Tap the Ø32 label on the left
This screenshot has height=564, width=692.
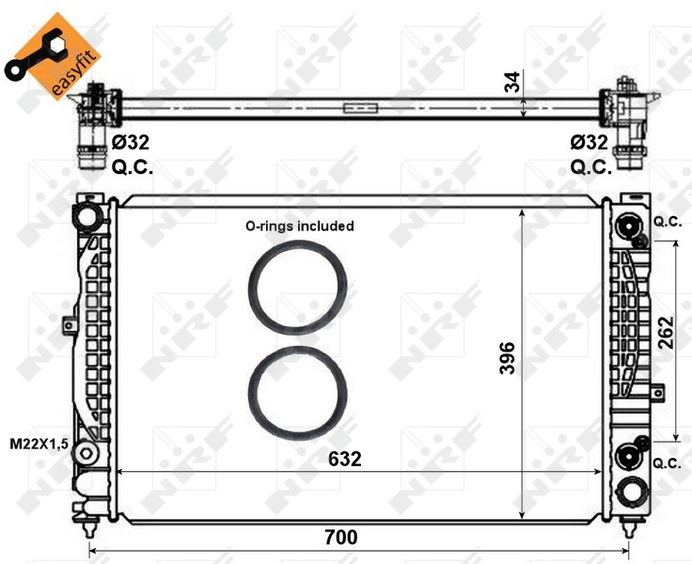click(x=131, y=143)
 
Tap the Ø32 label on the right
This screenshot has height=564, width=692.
click(x=590, y=143)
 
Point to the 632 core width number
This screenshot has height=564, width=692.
click(x=343, y=459)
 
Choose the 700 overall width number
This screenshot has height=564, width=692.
click(x=340, y=538)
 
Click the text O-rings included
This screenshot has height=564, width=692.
click(x=299, y=226)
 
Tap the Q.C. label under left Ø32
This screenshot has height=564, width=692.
click(x=132, y=167)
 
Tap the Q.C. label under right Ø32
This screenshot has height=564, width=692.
click(x=591, y=167)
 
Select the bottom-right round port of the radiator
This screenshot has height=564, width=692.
click(x=629, y=491)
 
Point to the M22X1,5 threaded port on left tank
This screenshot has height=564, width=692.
click(x=87, y=453)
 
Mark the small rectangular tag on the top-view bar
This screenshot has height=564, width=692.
click(x=357, y=107)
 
